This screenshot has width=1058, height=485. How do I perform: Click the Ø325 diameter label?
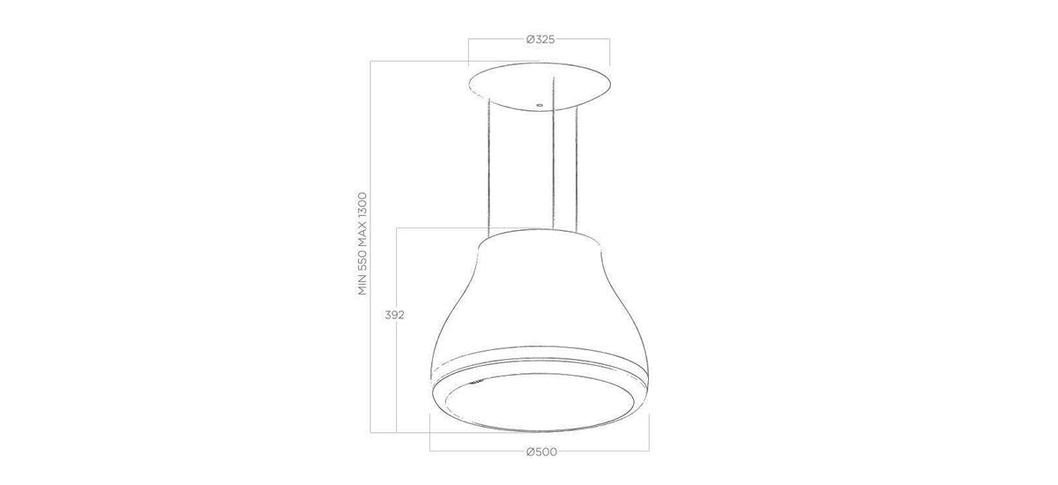[x=540, y=40]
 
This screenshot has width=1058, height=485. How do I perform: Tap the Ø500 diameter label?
[x=541, y=452]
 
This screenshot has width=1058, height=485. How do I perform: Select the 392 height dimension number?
[x=394, y=315]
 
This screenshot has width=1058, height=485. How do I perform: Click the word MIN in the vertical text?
[x=362, y=285]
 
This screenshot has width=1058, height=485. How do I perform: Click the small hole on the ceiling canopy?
[x=540, y=105]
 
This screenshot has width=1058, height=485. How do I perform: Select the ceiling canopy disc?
[x=540, y=87]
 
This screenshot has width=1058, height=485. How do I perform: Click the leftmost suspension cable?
[x=489, y=168]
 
